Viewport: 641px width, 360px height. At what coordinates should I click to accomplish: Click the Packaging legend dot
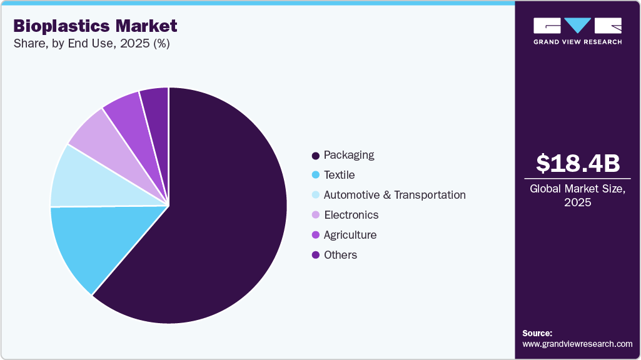pos(316,155)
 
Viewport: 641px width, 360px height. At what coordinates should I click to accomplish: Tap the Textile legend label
pos(339,175)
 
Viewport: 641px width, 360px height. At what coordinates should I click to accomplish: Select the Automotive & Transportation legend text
pos(395,195)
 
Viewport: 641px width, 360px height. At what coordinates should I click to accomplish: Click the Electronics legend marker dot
pos(316,215)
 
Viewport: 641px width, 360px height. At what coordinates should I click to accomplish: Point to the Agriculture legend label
pos(350,235)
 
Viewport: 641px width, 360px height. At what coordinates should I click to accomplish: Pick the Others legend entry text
pos(340,255)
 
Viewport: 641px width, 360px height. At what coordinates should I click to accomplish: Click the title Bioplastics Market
pos(95,26)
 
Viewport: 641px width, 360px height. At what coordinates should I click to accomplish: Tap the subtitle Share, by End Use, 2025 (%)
pos(91,44)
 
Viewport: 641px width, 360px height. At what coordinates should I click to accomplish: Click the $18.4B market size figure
pos(578,164)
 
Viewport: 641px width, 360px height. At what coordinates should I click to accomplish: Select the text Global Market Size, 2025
pos(578,196)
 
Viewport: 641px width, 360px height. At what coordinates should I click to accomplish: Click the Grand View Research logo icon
pos(577,25)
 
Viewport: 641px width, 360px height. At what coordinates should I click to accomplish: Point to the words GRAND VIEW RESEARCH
pos(577,42)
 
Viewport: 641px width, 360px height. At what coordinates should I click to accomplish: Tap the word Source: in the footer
pos(537,333)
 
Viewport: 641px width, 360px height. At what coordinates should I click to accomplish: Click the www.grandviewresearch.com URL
pos(577,344)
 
